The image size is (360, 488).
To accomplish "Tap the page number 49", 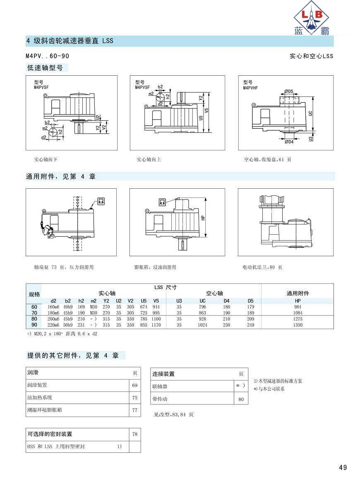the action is pyautogui.click(x=343, y=467).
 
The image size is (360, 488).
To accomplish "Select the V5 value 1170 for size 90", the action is pyautogui.click(x=156, y=325).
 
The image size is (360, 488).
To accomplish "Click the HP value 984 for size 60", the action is pyautogui.click(x=298, y=307).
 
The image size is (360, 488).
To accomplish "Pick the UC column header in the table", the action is pyautogui.click(x=203, y=301).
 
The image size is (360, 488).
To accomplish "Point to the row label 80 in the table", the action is pyautogui.click(x=34, y=319).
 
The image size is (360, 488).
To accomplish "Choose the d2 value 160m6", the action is pyautogui.click(x=53, y=307).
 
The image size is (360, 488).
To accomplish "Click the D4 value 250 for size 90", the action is pyautogui.click(x=226, y=325).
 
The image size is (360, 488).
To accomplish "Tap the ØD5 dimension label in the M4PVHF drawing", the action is pyautogui.click(x=289, y=91).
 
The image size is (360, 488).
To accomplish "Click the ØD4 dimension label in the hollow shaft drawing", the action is pyautogui.click(x=289, y=142).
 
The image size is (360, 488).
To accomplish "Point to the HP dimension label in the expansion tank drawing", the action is pyautogui.click(x=203, y=218).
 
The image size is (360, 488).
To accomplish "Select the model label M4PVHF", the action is pyautogui.click(x=250, y=88).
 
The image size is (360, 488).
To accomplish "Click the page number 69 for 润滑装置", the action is pyautogui.click(x=135, y=385).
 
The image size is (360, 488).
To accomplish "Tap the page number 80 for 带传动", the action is pyautogui.click(x=241, y=399).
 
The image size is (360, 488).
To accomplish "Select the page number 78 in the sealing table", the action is pyautogui.click(x=135, y=434).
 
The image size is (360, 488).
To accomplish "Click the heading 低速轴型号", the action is pyautogui.click(x=45, y=67).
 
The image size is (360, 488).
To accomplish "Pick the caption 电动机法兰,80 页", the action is pyautogui.click(x=262, y=267).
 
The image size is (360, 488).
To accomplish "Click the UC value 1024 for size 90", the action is pyautogui.click(x=203, y=325).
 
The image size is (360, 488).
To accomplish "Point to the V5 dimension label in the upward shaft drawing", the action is pyautogui.click(x=206, y=111).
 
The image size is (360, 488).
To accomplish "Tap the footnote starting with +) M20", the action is pyautogui.click(x=62, y=334).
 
